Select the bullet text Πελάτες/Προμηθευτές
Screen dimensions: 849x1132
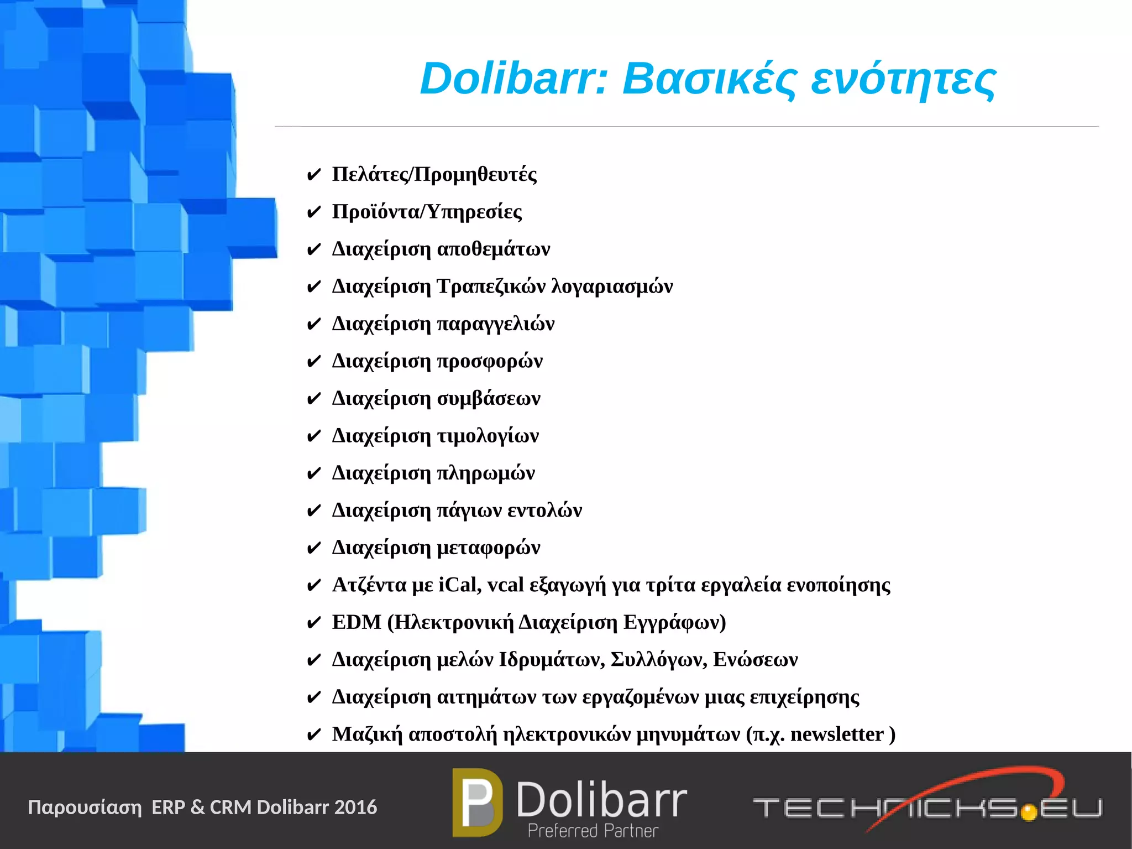pos(434,175)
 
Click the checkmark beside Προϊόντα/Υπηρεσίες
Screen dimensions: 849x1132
pos(313,212)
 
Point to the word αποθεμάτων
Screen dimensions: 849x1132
pos(494,249)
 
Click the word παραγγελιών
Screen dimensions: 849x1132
pos(496,324)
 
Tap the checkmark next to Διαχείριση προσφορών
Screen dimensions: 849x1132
pos(313,362)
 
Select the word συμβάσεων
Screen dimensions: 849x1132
pos(489,399)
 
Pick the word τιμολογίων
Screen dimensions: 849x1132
pos(488,436)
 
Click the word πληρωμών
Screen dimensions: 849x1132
pos(486,473)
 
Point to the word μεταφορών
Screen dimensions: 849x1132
pos(489,548)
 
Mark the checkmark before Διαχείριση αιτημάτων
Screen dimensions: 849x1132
pos(313,698)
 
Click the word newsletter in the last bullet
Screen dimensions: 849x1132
pos(837,735)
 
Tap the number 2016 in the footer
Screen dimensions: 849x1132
pos(355,808)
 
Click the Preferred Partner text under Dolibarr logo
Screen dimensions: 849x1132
pos(593,831)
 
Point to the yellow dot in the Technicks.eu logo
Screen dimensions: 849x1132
pos(1029,812)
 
